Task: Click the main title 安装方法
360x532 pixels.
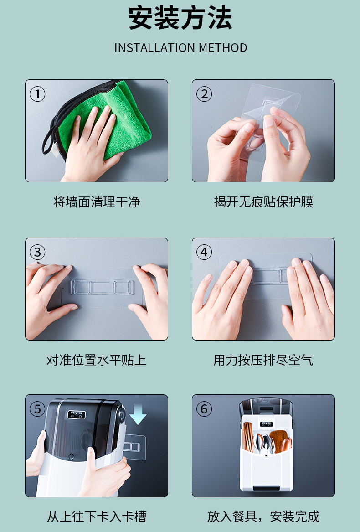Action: [180, 18]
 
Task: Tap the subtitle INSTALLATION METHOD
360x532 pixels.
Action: [180, 48]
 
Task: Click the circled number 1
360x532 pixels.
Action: [37, 94]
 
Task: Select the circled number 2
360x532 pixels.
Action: [204, 94]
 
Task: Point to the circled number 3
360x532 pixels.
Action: [37, 252]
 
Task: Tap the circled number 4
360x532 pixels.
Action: [204, 252]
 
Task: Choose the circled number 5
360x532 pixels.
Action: [37, 409]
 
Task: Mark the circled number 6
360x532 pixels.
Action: [204, 409]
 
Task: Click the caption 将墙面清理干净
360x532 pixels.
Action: [97, 202]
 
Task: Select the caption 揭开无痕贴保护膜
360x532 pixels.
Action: [263, 202]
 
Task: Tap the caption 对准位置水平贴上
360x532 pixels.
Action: [96, 360]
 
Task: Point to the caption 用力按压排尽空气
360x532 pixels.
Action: [263, 360]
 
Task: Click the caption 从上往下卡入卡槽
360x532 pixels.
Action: [96, 517]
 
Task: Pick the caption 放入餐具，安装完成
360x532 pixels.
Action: [263, 517]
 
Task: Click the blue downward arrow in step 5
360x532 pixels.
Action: [138, 414]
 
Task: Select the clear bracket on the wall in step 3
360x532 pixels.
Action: [102, 287]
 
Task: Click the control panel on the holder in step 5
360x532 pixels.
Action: [77, 414]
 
